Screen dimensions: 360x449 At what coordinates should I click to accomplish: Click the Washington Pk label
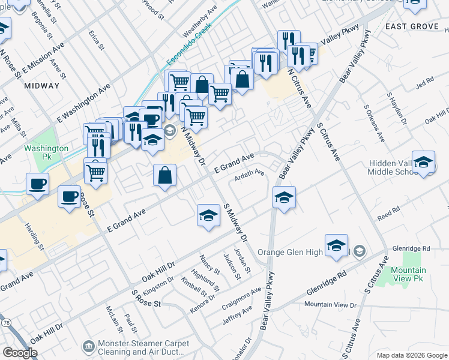click(46, 152)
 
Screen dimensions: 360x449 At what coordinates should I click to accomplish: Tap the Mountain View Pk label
click(408, 275)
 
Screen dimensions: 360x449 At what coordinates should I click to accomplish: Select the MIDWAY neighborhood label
click(42, 86)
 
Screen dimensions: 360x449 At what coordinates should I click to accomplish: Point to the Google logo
click(20, 353)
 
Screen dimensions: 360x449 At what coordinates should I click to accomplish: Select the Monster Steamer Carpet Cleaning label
click(143, 348)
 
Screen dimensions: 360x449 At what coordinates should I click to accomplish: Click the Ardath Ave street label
click(250, 174)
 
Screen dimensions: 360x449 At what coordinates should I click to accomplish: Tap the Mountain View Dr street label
click(330, 305)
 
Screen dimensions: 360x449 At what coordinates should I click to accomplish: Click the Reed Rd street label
click(388, 211)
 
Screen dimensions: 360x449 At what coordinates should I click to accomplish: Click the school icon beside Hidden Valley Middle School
click(423, 162)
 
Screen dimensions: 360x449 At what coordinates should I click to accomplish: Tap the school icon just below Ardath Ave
click(284, 196)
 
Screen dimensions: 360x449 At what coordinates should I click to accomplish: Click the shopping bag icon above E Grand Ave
click(164, 176)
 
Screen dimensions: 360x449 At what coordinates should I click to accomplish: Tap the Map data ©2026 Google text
click(411, 355)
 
